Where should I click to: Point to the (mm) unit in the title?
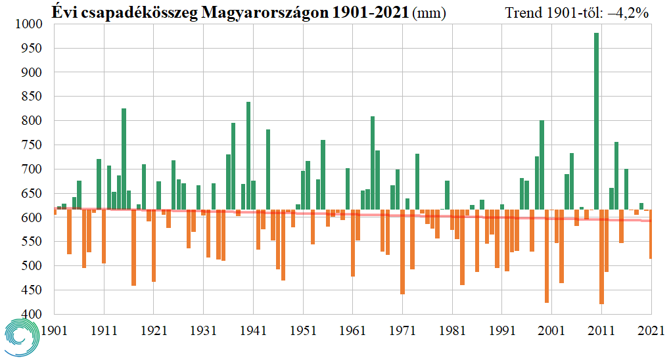[428, 12]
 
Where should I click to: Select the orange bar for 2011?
[601, 257]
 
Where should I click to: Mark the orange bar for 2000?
[547, 257]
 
